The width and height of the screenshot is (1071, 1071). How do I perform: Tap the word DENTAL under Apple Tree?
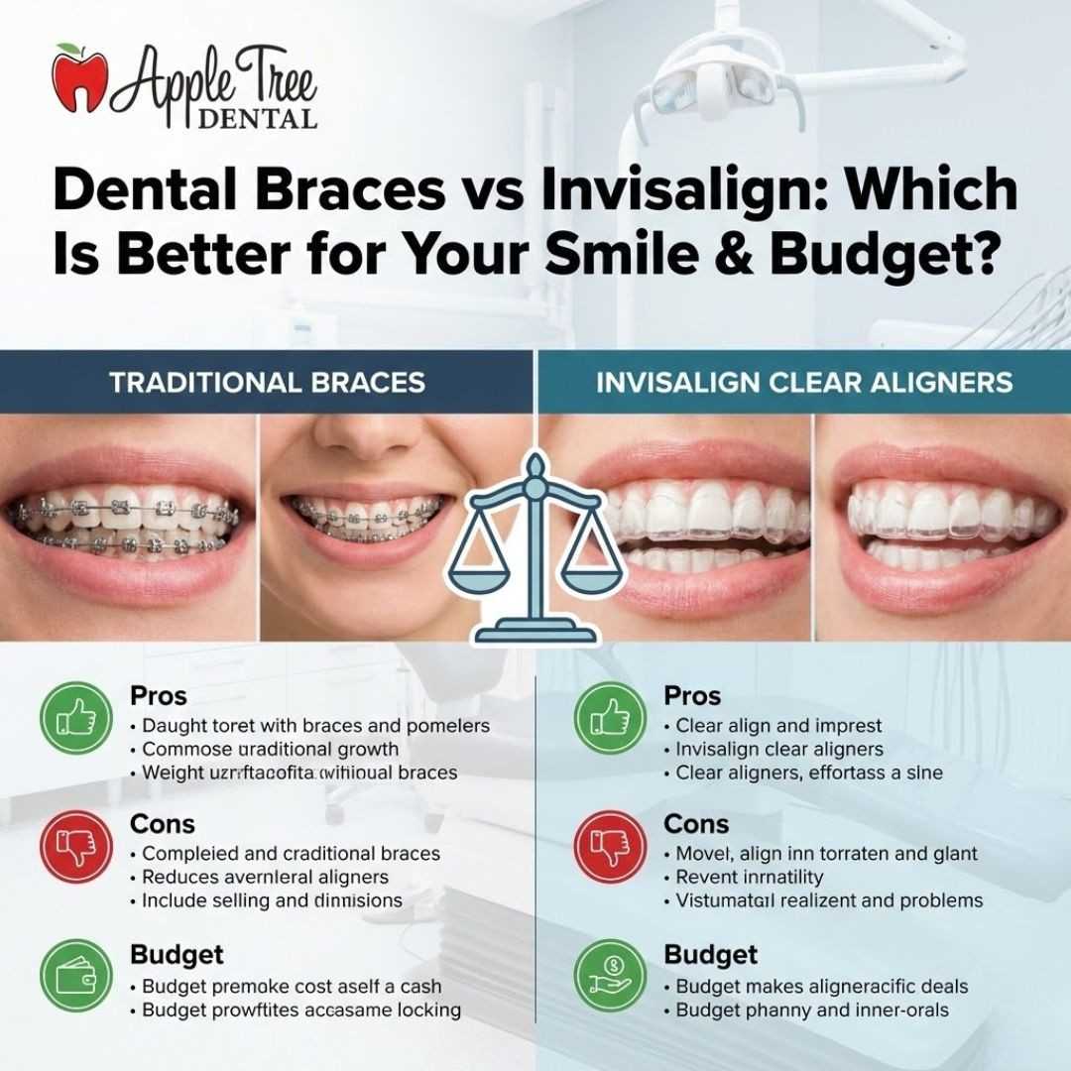[257, 119]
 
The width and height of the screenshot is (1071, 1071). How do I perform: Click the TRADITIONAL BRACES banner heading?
[267, 382]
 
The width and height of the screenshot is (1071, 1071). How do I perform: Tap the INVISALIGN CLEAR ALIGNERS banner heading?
[804, 382]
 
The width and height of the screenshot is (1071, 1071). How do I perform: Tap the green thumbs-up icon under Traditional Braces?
[75, 716]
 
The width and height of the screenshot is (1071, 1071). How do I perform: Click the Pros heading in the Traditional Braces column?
[159, 696]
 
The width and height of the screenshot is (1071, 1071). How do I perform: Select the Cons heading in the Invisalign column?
[696, 824]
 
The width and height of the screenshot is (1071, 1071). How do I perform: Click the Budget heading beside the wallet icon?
[177, 955]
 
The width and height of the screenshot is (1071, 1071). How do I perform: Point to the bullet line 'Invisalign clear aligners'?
[778, 750]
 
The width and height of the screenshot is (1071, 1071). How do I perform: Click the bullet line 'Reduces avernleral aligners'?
[265, 877]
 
